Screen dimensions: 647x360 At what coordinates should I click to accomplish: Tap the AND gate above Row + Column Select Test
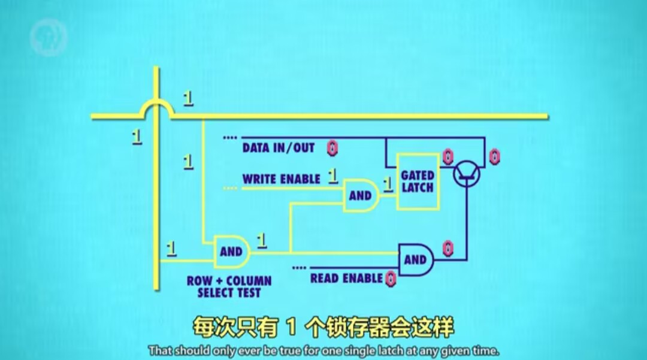tap(231, 252)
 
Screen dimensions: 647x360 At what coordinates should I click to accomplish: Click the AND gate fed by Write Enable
tap(361, 195)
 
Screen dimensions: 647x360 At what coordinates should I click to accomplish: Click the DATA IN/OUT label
tap(278, 148)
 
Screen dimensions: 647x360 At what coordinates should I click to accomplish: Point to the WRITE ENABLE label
tap(281, 179)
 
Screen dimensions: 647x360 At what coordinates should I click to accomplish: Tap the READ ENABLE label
tap(346, 279)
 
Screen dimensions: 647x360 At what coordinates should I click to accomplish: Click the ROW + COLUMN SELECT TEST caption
tap(229, 287)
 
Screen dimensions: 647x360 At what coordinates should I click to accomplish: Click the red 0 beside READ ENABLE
tap(391, 279)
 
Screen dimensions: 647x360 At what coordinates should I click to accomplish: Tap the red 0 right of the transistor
tap(494, 157)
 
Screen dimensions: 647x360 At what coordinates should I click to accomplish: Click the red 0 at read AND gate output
tap(447, 247)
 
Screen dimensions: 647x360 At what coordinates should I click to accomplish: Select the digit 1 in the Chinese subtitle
tap(292, 328)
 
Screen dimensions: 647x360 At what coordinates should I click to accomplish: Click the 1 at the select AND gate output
tap(261, 240)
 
